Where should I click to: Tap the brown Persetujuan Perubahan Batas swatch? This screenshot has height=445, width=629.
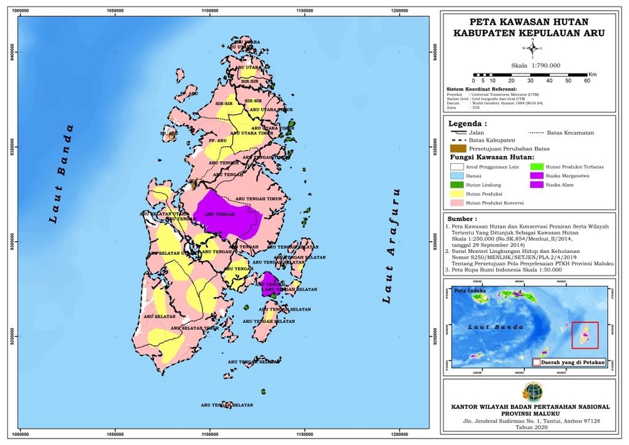coord(455,149)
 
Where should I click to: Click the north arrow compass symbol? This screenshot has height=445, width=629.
coord(533,48)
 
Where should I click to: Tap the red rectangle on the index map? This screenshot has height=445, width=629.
coord(584,335)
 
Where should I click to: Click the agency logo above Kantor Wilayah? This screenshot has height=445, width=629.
coord(533,391)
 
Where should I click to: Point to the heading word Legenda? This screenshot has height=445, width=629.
coord(467,123)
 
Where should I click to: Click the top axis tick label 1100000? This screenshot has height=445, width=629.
coord(210,10)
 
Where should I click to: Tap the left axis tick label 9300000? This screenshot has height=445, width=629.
coord(10,242)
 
